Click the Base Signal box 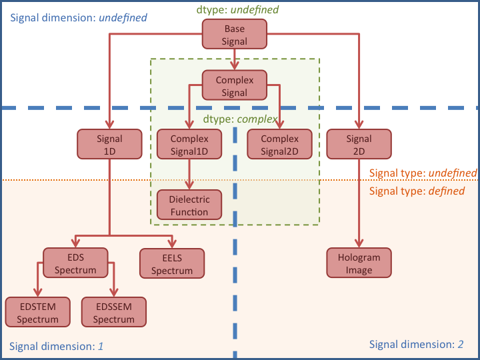(235, 35)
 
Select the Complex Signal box (235, 87)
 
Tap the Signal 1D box (110, 145)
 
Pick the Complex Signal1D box (189, 145)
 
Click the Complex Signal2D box (280, 145)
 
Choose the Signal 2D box (359, 145)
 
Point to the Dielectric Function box (189, 205)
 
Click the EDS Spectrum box (76, 263)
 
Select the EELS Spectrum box (171, 263)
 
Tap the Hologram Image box (359, 263)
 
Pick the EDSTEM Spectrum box (37, 312)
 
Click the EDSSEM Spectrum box (113, 312)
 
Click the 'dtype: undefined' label (237, 10)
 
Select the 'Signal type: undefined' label (423, 173)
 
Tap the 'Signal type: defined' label (417, 191)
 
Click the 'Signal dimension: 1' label (56, 347)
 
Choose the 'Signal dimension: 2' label (417, 345)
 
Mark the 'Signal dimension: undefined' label (78, 17)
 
